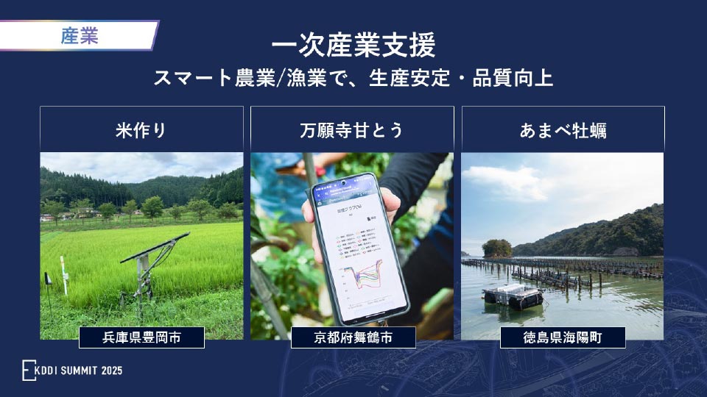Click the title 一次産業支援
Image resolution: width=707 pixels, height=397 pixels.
(353, 46)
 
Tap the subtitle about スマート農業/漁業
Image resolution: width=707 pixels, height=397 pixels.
(353, 79)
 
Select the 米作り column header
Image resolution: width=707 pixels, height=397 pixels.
(141, 130)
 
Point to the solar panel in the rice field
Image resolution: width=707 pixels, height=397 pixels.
(155, 248)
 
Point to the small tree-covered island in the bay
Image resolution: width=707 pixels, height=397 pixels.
(497, 248)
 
